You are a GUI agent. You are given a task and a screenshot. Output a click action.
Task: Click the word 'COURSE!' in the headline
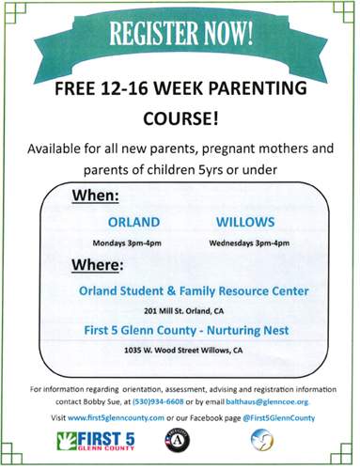pyautogui.click(x=180, y=120)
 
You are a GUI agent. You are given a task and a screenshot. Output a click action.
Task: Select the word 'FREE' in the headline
pyautogui.click(x=77, y=92)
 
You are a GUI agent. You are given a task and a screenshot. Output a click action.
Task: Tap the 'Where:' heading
pyautogui.click(x=99, y=265)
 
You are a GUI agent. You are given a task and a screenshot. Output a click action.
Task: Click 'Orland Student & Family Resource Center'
pyautogui.click(x=194, y=291)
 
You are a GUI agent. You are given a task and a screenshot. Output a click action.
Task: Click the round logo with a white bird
pyautogui.click(x=261, y=442)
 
